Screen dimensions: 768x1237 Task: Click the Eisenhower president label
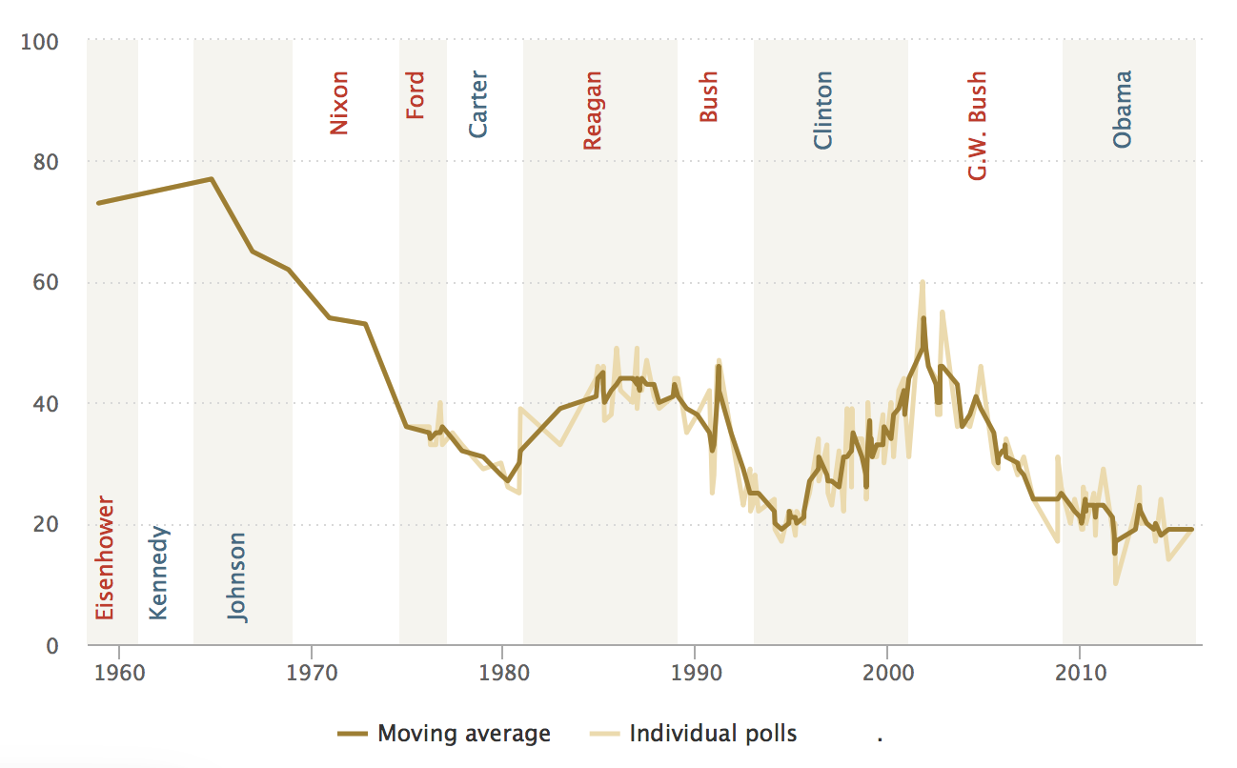click(x=105, y=557)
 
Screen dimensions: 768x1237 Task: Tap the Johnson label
click(x=237, y=577)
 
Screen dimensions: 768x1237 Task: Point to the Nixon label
click(x=338, y=103)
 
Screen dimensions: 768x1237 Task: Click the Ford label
click(x=416, y=95)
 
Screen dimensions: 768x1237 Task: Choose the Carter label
click(x=478, y=105)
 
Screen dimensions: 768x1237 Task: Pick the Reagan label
click(x=593, y=111)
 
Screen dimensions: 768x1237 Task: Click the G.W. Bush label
click(x=977, y=127)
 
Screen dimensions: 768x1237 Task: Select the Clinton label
click(x=822, y=111)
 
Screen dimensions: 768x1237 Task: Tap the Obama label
click(x=1123, y=109)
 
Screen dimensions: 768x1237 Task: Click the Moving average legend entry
click(x=444, y=734)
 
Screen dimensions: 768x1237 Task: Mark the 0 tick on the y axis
click(x=52, y=645)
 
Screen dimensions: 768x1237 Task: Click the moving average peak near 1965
click(x=212, y=179)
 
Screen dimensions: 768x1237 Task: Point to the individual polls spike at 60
click(x=923, y=282)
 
